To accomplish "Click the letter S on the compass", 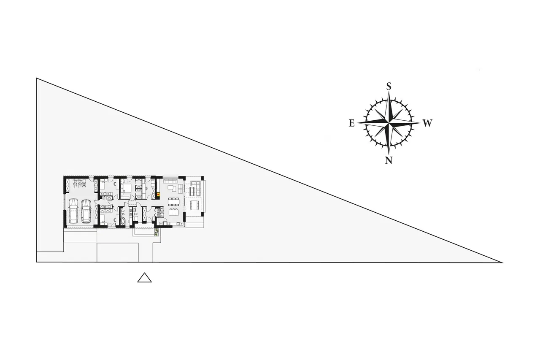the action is [389, 86].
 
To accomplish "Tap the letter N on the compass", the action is [389, 160].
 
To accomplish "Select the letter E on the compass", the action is [352, 123].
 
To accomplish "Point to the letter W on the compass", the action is [427, 123].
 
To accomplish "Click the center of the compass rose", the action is [389, 123].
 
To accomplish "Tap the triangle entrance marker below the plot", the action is [144, 278].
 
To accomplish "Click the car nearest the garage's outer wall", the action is [73, 211].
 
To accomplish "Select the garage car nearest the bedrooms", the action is [86, 211].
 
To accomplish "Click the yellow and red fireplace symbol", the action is [158, 194].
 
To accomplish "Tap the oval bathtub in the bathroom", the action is [122, 221].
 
